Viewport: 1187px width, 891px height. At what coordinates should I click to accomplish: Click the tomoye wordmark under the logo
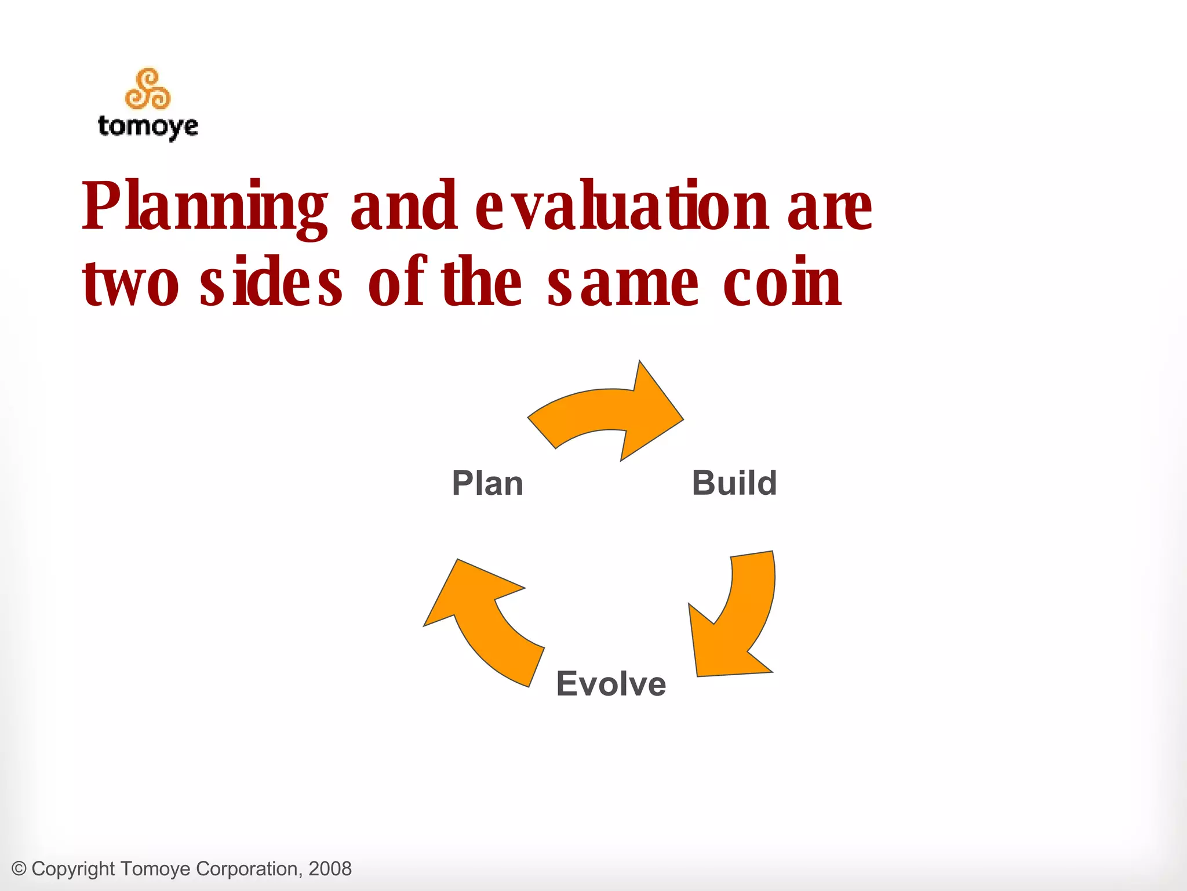pyautogui.click(x=148, y=126)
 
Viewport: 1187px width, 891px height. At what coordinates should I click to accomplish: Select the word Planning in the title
pyautogui.click(x=204, y=208)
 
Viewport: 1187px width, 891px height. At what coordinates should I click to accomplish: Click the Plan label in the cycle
pyautogui.click(x=487, y=483)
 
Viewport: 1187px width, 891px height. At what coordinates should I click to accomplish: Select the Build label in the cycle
pyautogui.click(x=734, y=483)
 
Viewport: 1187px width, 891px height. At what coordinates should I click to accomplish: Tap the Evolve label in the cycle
pyautogui.click(x=611, y=683)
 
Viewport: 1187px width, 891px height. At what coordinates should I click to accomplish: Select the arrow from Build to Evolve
pyautogui.click(x=739, y=615)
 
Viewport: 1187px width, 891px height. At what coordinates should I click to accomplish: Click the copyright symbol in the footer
pyautogui.click(x=19, y=869)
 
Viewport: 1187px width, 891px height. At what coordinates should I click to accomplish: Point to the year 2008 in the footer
pyautogui.click(x=330, y=869)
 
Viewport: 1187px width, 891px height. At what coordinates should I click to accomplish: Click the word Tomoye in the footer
pyautogui.click(x=156, y=869)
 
